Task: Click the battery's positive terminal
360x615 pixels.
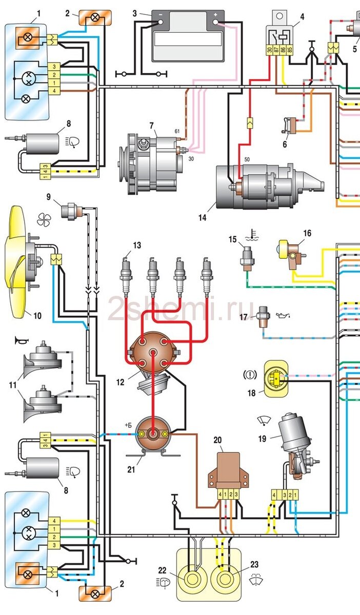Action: click(x=216, y=22)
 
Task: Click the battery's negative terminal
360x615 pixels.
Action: click(x=161, y=22)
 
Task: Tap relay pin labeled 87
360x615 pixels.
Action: click(x=276, y=50)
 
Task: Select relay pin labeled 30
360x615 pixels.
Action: click(x=270, y=50)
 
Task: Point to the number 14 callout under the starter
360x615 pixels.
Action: click(x=202, y=218)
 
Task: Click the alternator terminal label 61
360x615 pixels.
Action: click(x=177, y=132)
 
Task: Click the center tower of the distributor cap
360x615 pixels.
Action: click(x=153, y=353)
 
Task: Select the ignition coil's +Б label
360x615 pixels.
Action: click(x=128, y=425)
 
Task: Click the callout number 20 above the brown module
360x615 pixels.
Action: click(x=217, y=440)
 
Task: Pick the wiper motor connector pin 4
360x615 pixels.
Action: click(x=274, y=495)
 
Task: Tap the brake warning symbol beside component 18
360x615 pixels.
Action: click(x=250, y=375)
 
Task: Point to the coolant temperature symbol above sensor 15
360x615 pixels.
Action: click(x=252, y=235)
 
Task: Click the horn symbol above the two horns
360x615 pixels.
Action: click(x=22, y=341)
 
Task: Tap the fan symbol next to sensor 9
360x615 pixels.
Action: click(x=44, y=219)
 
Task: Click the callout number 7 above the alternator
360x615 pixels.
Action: click(x=152, y=126)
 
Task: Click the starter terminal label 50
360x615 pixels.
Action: click(x=247, y=159)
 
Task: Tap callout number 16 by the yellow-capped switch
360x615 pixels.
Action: click(x=307, y=233)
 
